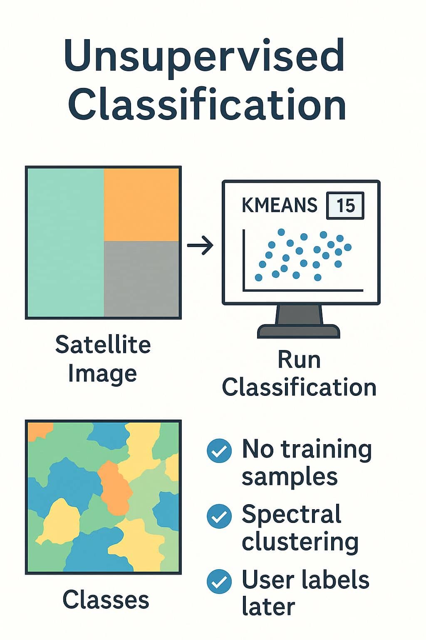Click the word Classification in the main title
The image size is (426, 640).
coord(207,104)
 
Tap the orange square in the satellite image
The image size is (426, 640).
coord(141,205)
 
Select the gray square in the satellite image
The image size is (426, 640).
coord(141,279)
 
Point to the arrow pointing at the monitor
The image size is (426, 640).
coord(200,245)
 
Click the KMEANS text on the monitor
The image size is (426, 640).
coord(279,205)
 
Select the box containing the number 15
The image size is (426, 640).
coord(345,205)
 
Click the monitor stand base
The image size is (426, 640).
coord(298,331)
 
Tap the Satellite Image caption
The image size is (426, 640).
coord(103,359)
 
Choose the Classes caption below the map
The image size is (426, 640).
coord(106,600)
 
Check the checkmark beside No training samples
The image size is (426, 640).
coord(219,450)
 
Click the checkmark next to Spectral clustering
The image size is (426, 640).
coord(219,516)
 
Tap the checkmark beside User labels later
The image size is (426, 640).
coord(219,581)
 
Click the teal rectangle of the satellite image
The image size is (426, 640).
coord(66,242)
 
